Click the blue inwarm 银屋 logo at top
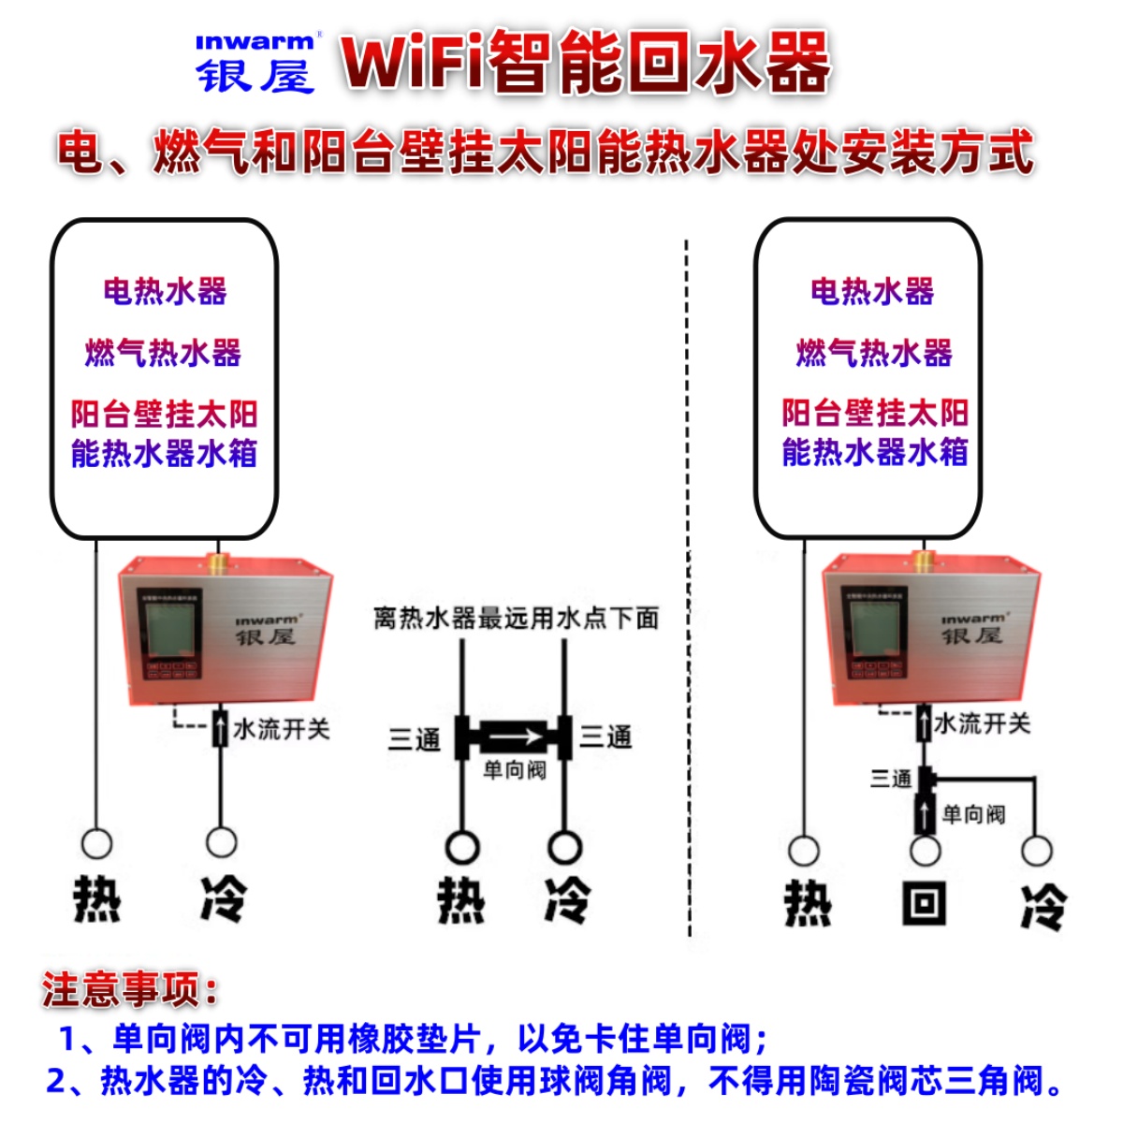[255, 64]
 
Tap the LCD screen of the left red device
[169, 631]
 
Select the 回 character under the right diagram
[925, 904]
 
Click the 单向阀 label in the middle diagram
[514, 770]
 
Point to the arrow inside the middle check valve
[513, 737]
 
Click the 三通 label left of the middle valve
[414, 739]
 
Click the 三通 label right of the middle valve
[605, 737]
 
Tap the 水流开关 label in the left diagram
[281, 729]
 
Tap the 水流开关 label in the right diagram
[982, 723]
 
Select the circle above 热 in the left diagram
[96, 843]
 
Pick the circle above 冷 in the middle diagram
[564, 847]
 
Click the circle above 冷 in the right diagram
[1037, 851]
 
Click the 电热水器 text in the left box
[165, 292]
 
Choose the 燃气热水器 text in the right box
[874, 353]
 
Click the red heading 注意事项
[129, 989]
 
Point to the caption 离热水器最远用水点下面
[516, 619]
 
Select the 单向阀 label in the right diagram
[973, 814]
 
